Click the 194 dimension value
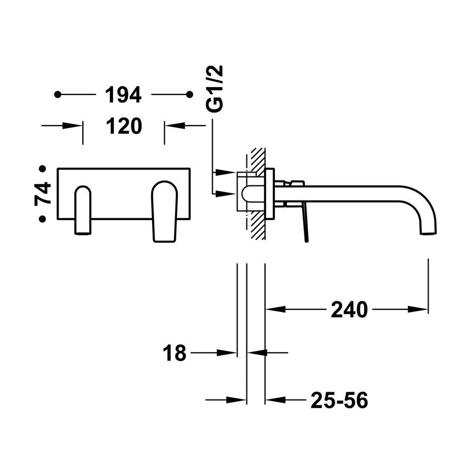(123, 95)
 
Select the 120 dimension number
(123, 126)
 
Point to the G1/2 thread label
(215, 89)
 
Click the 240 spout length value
(348, 310)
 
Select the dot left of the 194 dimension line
(58, 95)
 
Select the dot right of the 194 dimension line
(189, 95)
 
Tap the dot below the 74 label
(42, 218)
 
